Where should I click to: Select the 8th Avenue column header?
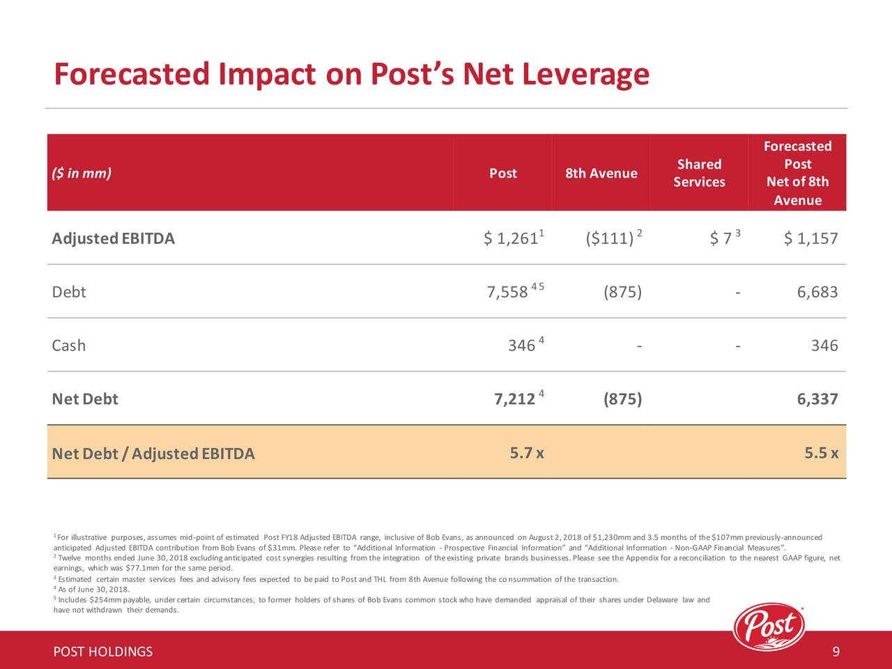pos(601,173)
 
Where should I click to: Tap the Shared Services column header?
pos(699,173)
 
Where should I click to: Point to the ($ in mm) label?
pos(82,173)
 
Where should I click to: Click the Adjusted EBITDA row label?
pos(113,239)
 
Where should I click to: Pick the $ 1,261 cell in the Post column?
pos(510,239)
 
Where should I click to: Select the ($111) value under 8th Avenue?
pos(610,239)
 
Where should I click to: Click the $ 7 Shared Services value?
pos(721,239)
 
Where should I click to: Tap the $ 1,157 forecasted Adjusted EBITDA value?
pos(810,239)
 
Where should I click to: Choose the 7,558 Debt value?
pos(507,292)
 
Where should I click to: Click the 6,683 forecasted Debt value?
pos(817,292)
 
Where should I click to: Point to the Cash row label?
pos(69,346)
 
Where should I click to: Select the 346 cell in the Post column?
pos(521,346)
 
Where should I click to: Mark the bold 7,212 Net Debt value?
pos(514,399)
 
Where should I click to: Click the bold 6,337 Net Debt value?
pos(817,399)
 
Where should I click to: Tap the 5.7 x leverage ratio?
pos(527,454)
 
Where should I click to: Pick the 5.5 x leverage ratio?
pos(821,454)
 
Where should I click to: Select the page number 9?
pos(836,652)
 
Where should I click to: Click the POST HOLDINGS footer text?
pos(103,652)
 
